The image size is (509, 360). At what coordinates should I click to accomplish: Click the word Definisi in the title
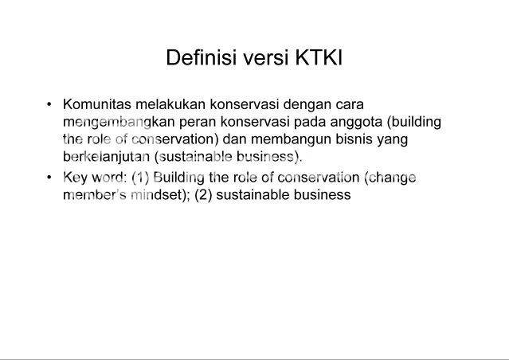click(201, 57)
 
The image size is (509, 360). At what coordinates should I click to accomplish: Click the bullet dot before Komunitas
click(49, 104)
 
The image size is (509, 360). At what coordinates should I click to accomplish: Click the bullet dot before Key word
click(49, 178)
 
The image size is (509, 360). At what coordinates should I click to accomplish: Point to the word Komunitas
click(97, 104)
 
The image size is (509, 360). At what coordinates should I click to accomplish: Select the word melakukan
click(170, 104)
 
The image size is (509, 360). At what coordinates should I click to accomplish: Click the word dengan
click(307, 105)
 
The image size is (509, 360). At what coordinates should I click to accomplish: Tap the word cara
click(350, 105)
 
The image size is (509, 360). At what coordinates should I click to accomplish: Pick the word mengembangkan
click(119, 123)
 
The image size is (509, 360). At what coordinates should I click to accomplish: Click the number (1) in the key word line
click(140, 178)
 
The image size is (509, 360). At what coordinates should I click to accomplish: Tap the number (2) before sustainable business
click(203, 195)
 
